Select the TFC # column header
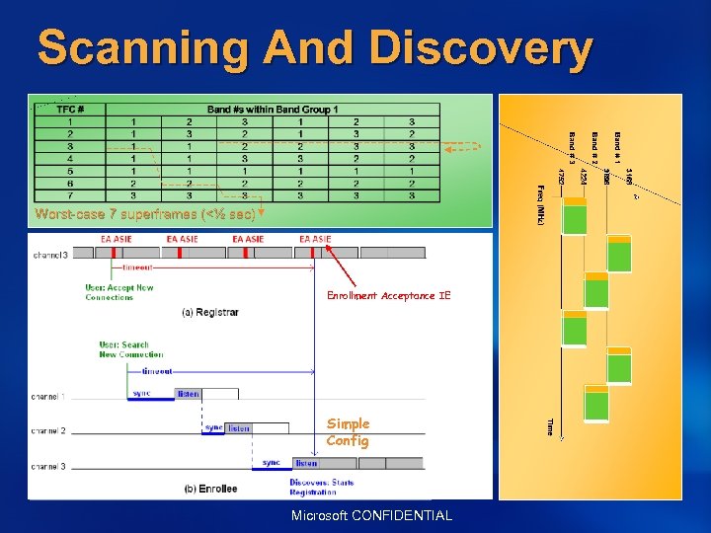point(69,109)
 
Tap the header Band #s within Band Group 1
point(273,109)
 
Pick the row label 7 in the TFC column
point(69,194)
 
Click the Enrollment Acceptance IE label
point(388,295)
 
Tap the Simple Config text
point(348,432)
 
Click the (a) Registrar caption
point(210,313)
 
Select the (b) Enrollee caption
point(210,489)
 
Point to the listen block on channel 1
point(188,394)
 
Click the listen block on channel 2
point(239,428)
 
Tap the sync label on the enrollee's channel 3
point(272,462)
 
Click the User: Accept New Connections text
point(119,292)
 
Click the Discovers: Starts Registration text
point(321,487)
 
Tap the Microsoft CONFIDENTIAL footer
point(372,515)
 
